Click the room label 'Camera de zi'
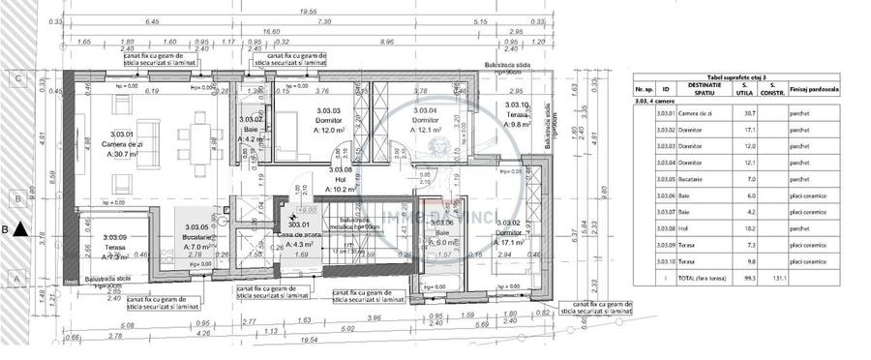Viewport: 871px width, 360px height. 124,145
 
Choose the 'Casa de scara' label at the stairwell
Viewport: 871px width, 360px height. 299,236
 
